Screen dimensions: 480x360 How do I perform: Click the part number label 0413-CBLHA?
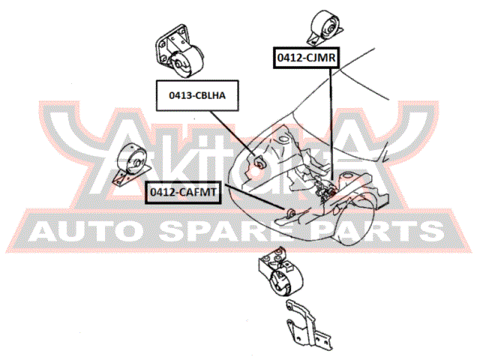click(x=197, y=95)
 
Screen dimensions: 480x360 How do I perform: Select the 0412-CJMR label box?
click(x=307, y=58)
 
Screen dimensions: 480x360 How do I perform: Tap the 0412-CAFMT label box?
click(x=183, y=192)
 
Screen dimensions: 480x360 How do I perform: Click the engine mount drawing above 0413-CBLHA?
click(x=179, y=52)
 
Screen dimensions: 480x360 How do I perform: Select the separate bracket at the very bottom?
click(x=308, y=325)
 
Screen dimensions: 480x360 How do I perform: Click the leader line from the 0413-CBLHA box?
click(x=232, y=133)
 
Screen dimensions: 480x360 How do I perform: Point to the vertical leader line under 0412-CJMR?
click(x=331, y=124)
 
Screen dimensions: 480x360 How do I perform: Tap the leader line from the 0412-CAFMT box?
click(x=255, y=196)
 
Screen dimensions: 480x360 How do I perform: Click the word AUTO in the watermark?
click(x=82, y=231)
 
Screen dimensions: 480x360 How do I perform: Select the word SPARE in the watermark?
click(x=232, y=231)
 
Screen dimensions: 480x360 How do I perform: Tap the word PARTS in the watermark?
click(x=379, y=231)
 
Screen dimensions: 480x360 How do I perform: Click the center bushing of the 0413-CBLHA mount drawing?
click(x=177, y=64)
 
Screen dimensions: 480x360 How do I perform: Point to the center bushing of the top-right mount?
click(x=330, y=30)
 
